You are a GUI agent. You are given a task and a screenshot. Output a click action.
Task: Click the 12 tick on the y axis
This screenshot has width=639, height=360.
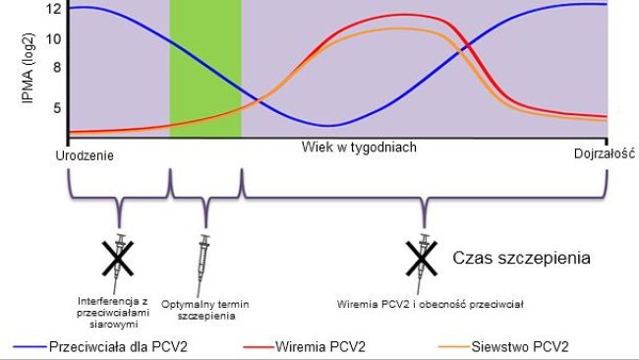[54, 9]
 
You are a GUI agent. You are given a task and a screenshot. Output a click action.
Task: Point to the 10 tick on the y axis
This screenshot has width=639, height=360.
[54, 38]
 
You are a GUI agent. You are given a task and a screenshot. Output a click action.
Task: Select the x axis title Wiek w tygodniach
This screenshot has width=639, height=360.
[362, 147]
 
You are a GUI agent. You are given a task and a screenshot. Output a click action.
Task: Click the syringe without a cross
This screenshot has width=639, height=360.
[204, 255]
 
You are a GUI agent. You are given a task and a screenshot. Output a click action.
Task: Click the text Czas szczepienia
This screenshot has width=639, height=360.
[521, 260]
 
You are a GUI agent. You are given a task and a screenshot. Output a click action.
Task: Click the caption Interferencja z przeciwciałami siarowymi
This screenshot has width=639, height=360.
[118, 304]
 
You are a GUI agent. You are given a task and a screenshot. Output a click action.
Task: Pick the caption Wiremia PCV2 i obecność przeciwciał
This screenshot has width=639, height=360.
[430, 304]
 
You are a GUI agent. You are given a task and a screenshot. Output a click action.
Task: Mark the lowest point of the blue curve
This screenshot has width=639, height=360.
[331, 126]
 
